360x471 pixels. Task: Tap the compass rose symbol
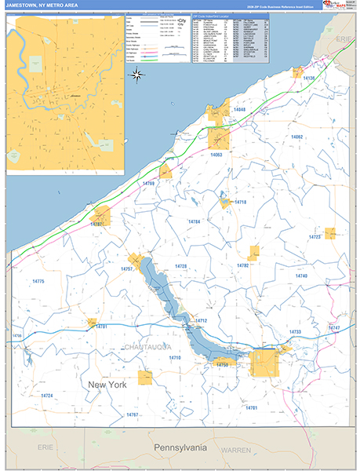coord(136,75)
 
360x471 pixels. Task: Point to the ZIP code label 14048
coord(238,109)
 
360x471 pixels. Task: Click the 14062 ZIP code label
coord(296,137)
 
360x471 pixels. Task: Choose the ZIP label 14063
coord(216,155)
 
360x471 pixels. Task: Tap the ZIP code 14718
coord(240,202)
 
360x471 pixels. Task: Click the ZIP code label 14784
coord(194,222)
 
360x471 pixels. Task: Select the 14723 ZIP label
coord(315,236)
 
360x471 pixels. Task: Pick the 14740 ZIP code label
coord(301,276)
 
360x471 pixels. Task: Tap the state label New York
coord(107,385)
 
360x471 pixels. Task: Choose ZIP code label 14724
coord(46,396)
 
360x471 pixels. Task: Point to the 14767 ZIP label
coord(132,414)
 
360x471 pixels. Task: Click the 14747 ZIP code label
coord(335,327)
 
